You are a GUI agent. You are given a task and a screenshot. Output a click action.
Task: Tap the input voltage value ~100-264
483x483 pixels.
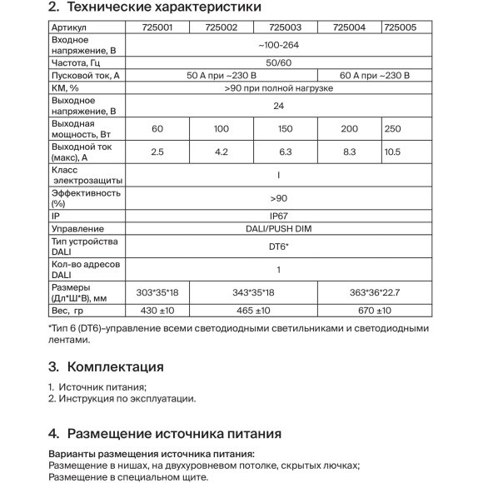coord(276,43)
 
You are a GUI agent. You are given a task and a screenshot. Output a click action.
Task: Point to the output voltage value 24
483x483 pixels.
coord(276,106)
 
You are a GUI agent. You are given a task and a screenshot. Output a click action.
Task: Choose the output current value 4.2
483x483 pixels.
coord(221,152)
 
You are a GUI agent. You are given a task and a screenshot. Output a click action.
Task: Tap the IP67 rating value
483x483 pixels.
coord(276,214)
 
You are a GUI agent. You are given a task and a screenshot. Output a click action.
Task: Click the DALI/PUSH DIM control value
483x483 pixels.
coord(276,229)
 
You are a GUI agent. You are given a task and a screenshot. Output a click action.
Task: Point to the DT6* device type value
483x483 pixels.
coord(276,247)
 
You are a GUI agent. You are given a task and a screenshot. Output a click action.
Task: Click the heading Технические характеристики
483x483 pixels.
coord(162,7)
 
